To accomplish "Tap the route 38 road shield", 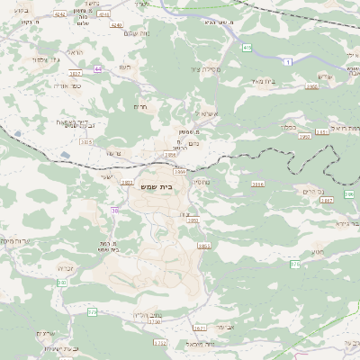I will coord(114,211).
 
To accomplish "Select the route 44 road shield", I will coord(98,68).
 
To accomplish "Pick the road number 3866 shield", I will coord(180,170).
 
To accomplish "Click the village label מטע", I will coord(317,253).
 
